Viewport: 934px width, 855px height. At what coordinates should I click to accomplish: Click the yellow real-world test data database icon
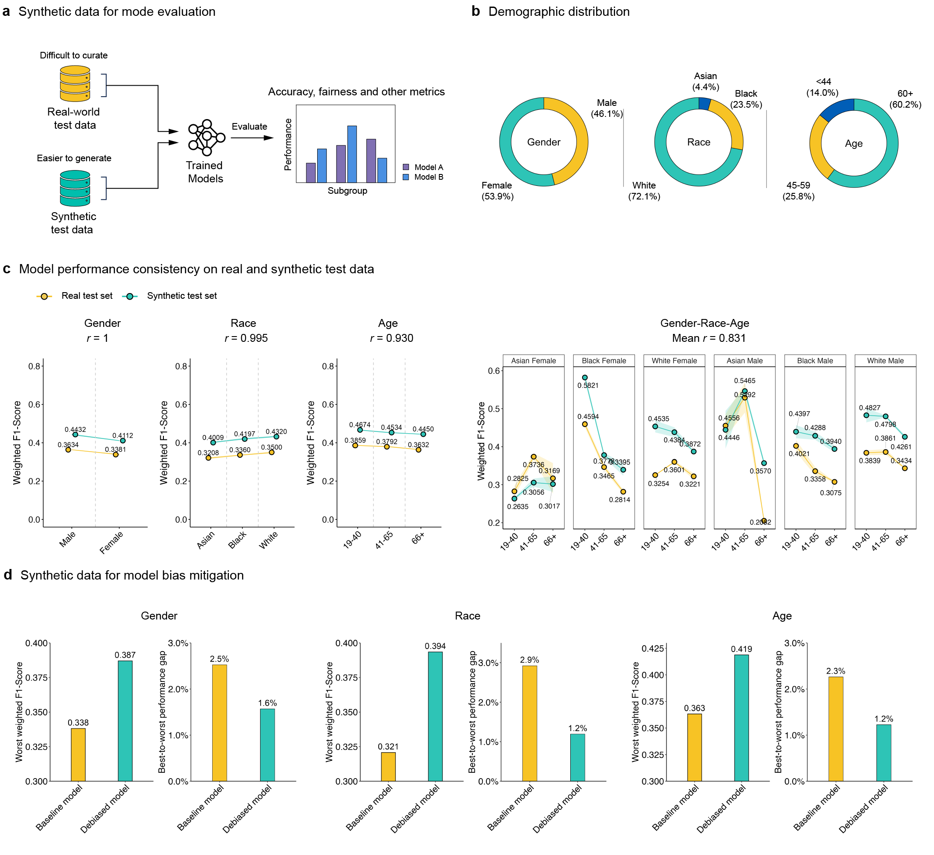75,84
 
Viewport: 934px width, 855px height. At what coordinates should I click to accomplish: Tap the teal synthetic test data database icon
75,188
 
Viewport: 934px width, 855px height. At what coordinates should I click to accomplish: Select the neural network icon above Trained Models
206,138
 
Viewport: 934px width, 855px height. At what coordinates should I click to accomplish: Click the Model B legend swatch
406,177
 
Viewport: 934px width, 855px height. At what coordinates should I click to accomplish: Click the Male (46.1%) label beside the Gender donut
606,109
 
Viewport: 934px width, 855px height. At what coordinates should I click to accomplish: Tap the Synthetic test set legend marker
130,296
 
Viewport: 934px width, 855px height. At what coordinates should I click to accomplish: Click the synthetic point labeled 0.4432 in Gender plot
75,435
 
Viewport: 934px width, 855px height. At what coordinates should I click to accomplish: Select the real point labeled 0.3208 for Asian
209,458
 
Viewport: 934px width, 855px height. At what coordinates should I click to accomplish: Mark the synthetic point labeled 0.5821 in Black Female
585,378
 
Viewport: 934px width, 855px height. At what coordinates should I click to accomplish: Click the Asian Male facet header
745,361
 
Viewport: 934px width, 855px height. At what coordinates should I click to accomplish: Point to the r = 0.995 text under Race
246,338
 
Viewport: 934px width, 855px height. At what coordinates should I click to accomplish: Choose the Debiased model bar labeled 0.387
125,721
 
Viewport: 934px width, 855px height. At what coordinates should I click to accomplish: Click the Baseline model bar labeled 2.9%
529,723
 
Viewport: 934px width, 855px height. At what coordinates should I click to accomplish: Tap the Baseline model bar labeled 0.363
695,747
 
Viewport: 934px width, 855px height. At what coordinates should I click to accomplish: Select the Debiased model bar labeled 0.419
741,718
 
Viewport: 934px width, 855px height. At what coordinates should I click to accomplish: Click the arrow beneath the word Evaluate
252,138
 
